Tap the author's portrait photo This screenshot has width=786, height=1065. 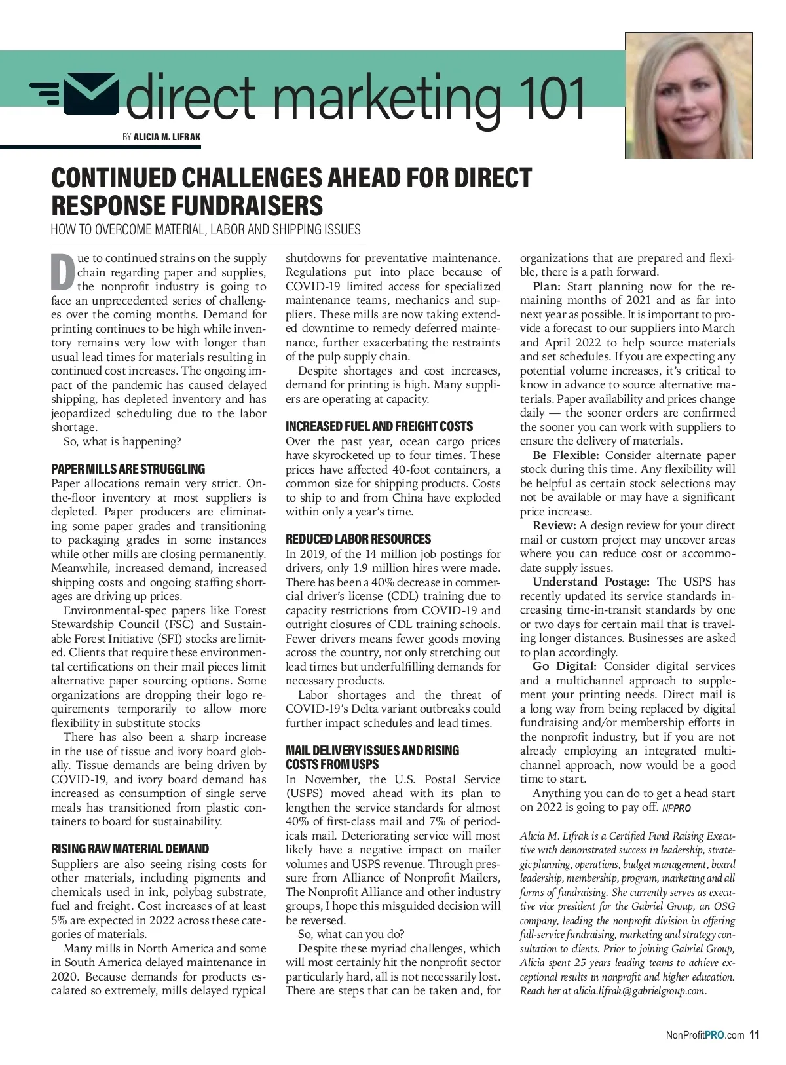tap(688, 96)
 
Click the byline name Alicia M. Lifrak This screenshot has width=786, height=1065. tap(167, 137)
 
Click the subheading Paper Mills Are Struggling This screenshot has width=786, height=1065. tap(128, 469)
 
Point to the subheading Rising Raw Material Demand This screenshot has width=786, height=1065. tap(130, 849)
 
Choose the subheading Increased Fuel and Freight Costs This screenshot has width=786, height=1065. tap(379, 426)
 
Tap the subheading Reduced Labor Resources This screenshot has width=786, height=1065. tap(358, 539)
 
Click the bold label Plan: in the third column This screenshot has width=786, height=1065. tap(546, 286)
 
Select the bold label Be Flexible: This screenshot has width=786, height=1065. tap(565, 455)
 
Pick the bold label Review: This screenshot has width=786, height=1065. tap(554, 525)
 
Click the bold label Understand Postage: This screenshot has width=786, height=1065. tap(590, 582)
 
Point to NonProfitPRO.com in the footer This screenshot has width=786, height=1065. tap(705, 1036)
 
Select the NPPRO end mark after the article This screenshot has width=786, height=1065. tap(677, 808)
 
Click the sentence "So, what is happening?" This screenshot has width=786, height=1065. tap(122, 441)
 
